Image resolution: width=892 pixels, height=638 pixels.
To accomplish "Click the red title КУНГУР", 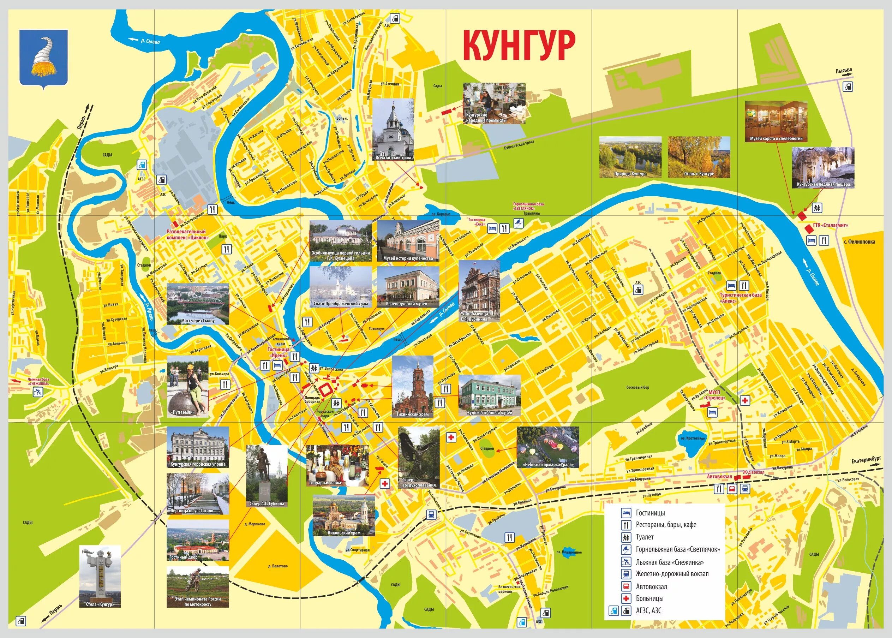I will tap(519, 46).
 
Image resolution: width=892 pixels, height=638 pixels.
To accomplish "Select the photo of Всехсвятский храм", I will tap(393, 130).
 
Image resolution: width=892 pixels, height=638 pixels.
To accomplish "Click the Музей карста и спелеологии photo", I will tap(777, 121).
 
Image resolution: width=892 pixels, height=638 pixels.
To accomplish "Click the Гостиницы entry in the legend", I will tap(650, 513).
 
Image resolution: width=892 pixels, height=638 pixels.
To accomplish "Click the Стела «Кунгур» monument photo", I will tap(100, 576).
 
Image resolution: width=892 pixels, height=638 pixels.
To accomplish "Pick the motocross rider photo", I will tap(198, 586).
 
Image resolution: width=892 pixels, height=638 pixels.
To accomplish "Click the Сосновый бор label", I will tap(637, 387).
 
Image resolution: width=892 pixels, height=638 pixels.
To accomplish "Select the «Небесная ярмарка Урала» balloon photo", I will tap(547, 447).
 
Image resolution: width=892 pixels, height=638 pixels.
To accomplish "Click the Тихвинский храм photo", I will tap(412, 387).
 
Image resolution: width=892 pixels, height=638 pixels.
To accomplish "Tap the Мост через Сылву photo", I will tap(198, 304).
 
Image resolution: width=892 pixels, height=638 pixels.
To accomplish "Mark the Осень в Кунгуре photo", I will tap(699, 157).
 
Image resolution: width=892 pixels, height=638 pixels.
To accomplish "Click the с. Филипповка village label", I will tap(859, 242).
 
